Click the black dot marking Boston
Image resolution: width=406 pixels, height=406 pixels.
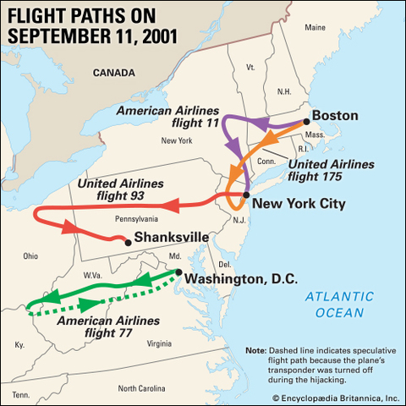tap(306, 122)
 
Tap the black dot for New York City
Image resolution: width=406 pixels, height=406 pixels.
tap(245, 195)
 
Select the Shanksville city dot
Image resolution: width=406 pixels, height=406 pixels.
tap(128, 243)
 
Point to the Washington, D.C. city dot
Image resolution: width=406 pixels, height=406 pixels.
tap(179, 272)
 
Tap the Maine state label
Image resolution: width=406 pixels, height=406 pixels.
tap(315, 28)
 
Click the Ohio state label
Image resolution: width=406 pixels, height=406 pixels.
tap(30, 255)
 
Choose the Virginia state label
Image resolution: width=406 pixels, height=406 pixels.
tap(158, 343)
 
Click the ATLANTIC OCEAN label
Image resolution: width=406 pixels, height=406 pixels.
tap(339, 304)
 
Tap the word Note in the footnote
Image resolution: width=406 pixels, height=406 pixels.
tap(255, 350)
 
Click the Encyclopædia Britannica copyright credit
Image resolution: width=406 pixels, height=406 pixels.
tap(336, 397)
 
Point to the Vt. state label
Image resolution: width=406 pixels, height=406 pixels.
tap(250, 66)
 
